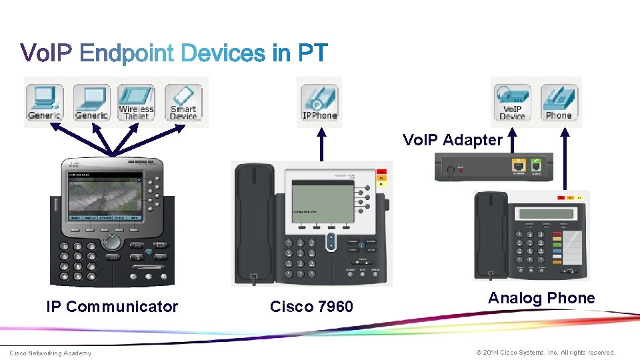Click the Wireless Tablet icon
[136, 102]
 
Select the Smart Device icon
[183, 102]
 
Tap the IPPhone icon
[319, 102]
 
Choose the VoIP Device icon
[512, 102]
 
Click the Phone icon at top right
[559, 102]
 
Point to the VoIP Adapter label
[452, 140]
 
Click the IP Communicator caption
[112, 307]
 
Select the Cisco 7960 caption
[311, 307]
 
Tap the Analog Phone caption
[541, 298]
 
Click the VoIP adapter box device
[493, 167]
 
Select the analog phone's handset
[490, 233]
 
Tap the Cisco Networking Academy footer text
[50, 353]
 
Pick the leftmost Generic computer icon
[45, 102]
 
